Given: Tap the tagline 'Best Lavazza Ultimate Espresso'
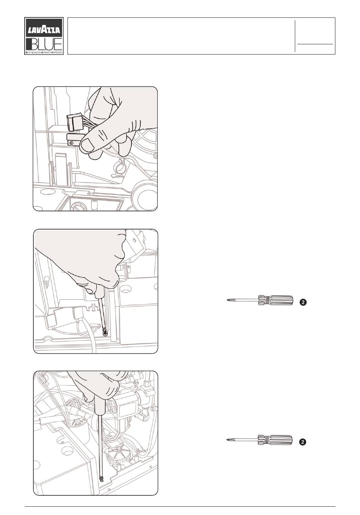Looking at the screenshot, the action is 44,52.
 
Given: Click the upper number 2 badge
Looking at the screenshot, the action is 303,302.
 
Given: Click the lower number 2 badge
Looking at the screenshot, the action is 303,442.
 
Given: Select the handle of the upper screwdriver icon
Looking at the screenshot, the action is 276,300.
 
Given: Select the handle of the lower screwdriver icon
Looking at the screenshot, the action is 275,440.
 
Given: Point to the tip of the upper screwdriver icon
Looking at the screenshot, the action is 227,300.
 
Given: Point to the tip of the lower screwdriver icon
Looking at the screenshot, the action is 227,440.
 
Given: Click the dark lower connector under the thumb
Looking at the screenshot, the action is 74,140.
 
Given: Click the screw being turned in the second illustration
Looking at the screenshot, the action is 105,333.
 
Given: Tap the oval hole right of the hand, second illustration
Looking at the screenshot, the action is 125,289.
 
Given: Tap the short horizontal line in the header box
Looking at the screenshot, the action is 315,44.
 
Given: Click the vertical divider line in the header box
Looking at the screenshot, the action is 295,36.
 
